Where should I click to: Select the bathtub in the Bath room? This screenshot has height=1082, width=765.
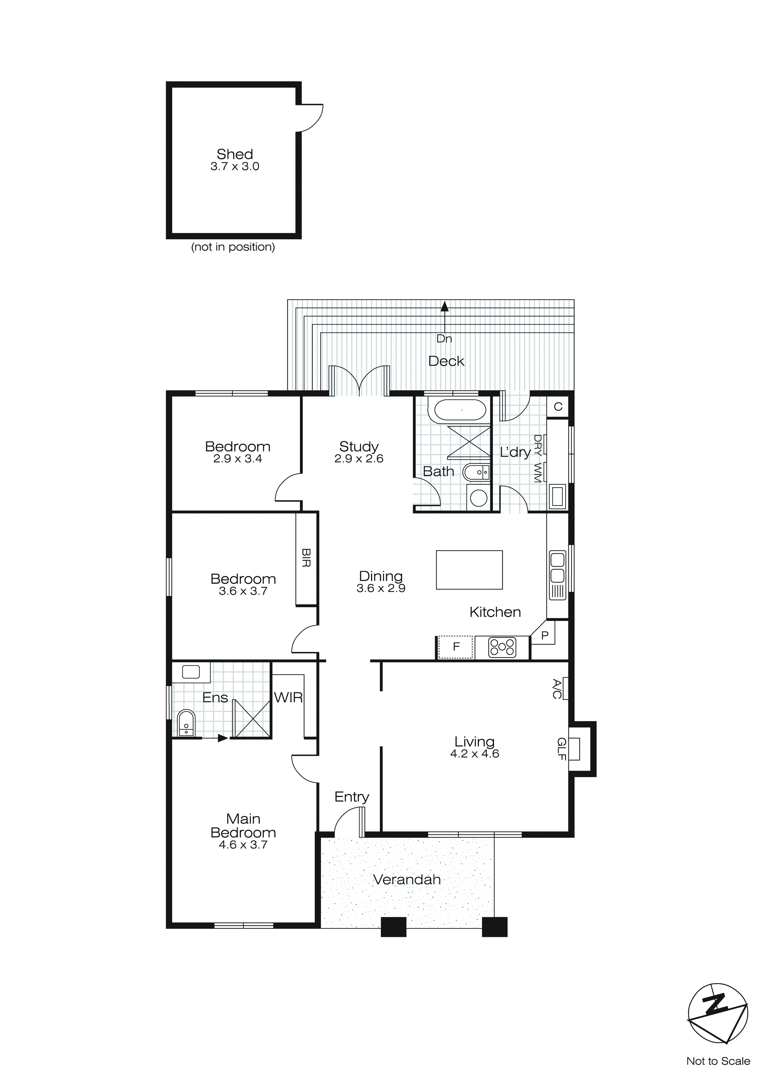pyautogui.click(x=460, y=410)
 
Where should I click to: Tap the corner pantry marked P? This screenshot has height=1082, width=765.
pyautogui.click(x=545, y=636)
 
